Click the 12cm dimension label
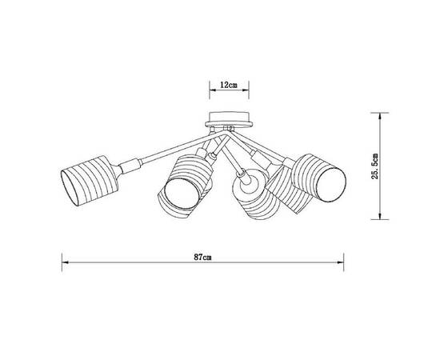click(230, 84)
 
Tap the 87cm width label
click(203, 258)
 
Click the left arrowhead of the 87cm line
click(66, 264)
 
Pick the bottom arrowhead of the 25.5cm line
click(379, 217)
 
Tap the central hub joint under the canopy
click(229, 133)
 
